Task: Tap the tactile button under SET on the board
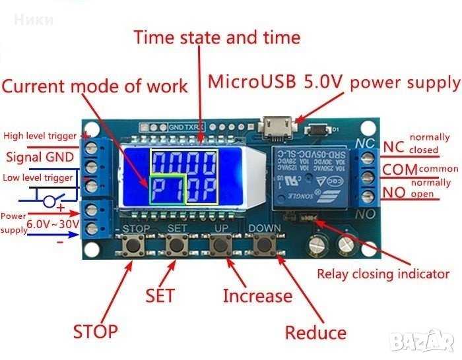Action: [176, 246]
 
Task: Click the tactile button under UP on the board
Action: [222, 246]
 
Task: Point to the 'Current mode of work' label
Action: [94, 86]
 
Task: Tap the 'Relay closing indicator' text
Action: [383, 274]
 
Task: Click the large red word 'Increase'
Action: [257, 296]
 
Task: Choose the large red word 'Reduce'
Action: [315, 332]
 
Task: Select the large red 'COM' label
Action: [399, 170]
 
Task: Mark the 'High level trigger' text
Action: [42, 136]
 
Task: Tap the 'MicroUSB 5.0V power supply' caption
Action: [333, 82]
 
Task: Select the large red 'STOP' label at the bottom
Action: [96, 331]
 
